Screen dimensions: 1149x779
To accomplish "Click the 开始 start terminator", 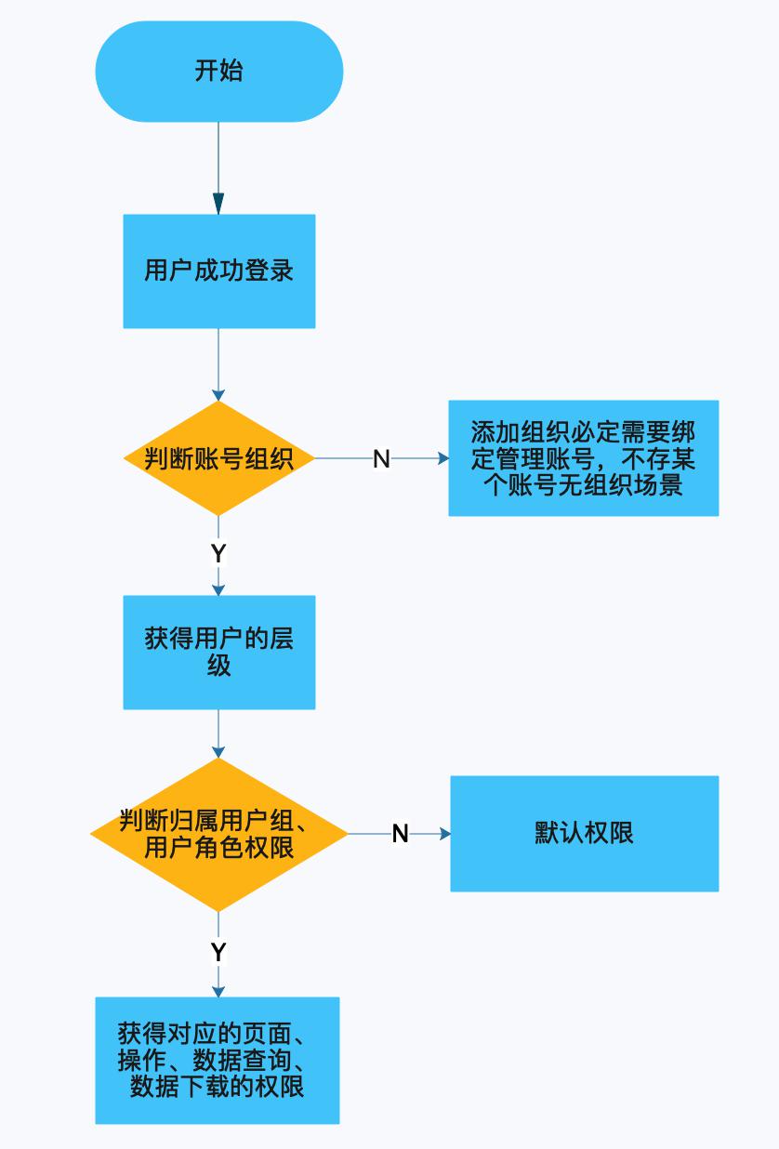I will click(218, 72).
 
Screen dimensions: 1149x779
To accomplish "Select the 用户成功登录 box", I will click(218, 271).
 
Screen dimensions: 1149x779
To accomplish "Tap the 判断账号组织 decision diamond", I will click(218, 458).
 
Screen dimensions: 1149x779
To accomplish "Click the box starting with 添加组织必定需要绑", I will click(583, 458).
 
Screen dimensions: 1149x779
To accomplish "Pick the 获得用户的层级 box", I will click(218, 652).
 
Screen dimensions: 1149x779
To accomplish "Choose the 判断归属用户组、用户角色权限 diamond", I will click(218, 834).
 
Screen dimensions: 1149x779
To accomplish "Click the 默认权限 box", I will click(584, 833).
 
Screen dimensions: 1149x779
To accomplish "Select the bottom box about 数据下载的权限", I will click(217, 1060).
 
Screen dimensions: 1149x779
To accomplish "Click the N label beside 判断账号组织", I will click(381, 458).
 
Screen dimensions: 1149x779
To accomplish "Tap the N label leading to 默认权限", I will click(401, 834).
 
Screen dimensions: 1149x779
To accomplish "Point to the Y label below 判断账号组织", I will click(218, 554).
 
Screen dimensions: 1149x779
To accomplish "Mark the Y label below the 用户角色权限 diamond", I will click(218, 952).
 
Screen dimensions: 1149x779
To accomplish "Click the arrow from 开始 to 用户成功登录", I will click(218, 167).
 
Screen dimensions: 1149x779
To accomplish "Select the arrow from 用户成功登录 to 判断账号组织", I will click(218, 364).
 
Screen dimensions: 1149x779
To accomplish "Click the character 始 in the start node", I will click(231, 72).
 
